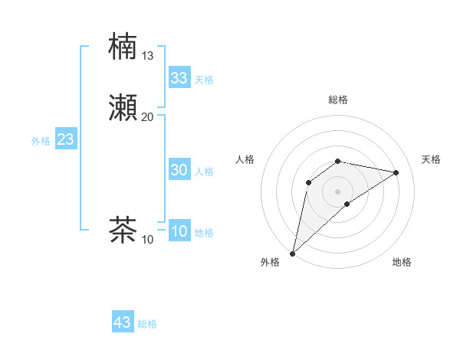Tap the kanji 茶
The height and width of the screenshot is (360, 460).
(x=123, y=229)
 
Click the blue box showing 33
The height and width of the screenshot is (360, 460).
(x=179, y=78)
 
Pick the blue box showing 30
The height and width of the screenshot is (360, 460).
(x=179, y=171)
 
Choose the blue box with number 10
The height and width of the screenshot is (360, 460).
(x=179, y=232)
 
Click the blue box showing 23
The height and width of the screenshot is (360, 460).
(x=65, y=140)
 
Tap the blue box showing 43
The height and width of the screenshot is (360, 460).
(x=123, y=322)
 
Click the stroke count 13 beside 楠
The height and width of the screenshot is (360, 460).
(x=148, y=55)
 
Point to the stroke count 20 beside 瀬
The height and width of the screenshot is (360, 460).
(x=148, y=116)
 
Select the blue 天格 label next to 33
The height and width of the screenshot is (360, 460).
(x=204, y=80)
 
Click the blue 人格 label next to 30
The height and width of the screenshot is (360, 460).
(x=204, y=172)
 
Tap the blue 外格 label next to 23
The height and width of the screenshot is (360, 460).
(x=40, y=141)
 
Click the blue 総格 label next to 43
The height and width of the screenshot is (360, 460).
(x=147, y=324)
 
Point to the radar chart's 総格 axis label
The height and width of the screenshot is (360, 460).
(x=338, y=100)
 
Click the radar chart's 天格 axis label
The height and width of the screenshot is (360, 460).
(x=432, y=159)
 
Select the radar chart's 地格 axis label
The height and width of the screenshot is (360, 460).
(x=402, y=262)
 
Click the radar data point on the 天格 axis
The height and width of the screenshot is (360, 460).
(x=396, y=172)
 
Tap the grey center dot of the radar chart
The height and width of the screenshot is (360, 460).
(x=338, y=191)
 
